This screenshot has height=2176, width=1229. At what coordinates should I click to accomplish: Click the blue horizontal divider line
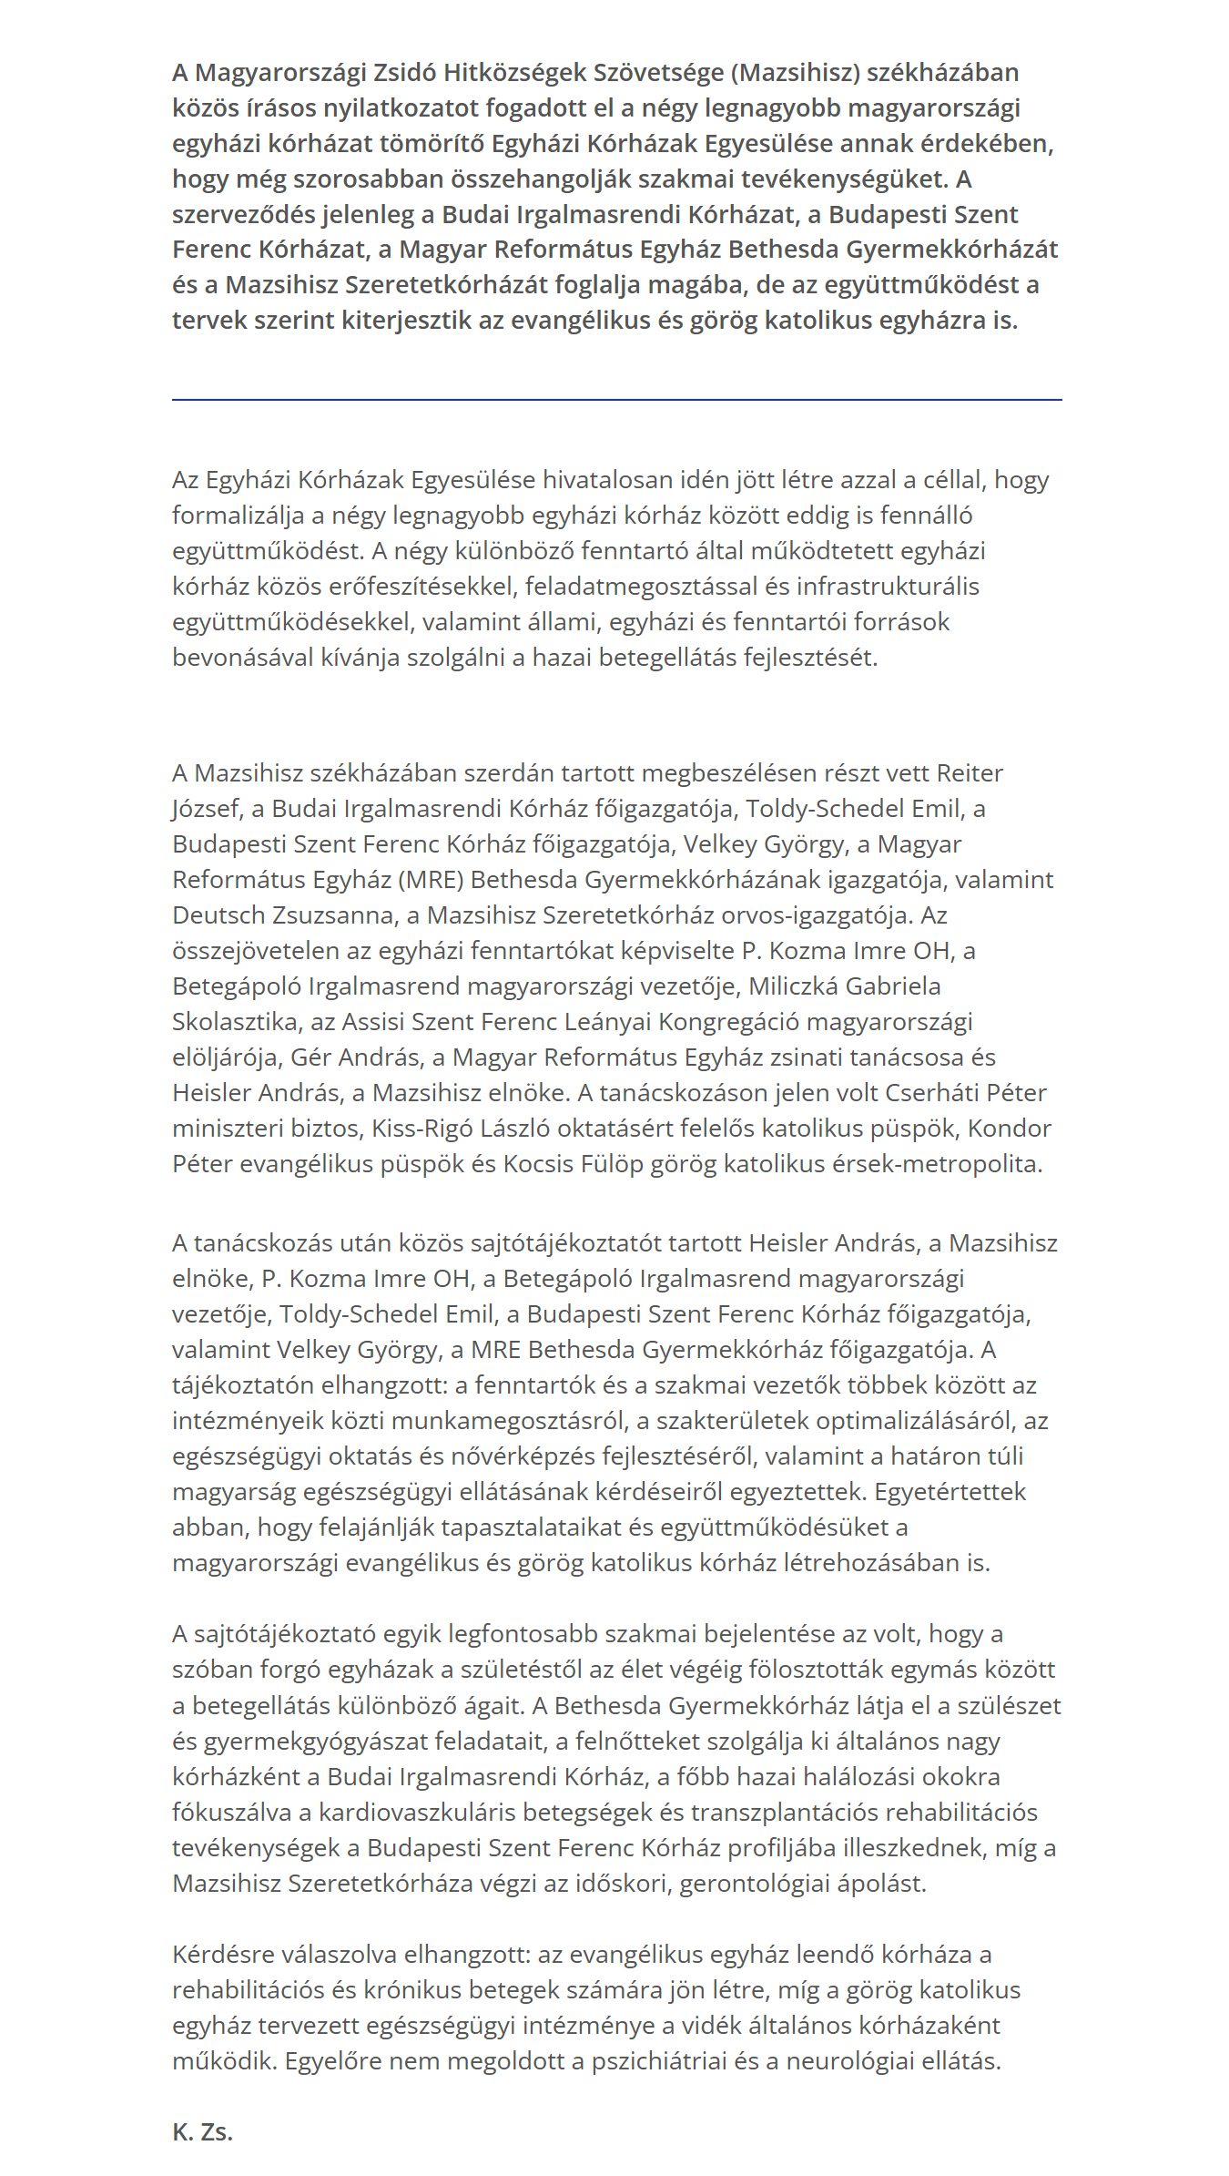616,399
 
